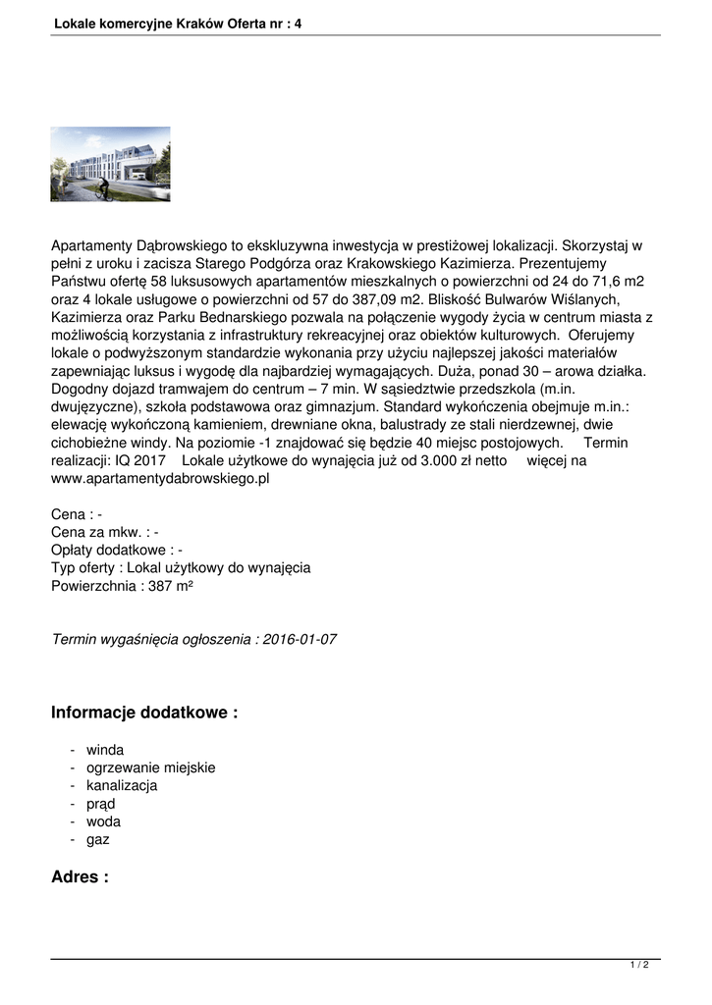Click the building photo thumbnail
click(110, 164)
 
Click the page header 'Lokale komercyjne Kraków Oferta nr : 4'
click(178, 22)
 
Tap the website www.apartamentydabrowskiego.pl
click(159, 479)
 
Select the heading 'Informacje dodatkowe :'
click(144, 713)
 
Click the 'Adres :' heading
click(80, 877)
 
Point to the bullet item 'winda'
click(105, 750)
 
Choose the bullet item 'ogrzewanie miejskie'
click(150, 767)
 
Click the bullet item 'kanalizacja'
click(122, 786)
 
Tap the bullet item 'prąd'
click(100, 804)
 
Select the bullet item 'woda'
click(103, 821)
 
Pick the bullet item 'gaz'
click(98, 840)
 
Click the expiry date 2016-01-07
click(301, 639)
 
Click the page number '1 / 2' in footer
click(639, 965)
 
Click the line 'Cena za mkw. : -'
click(104, 533)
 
